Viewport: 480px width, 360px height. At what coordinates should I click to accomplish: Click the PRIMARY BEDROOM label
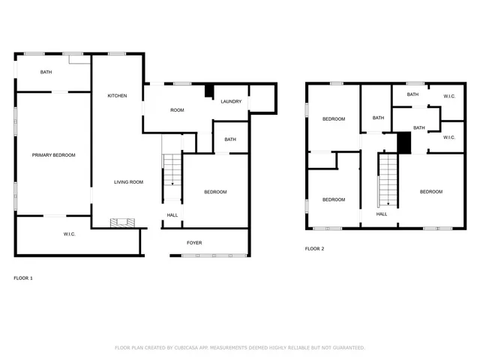pos(53,155)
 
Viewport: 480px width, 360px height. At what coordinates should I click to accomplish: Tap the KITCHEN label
pos(117,96)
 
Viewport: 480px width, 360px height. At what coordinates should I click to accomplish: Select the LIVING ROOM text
pos(128,182)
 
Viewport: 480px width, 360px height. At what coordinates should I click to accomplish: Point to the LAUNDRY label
pos(230,101)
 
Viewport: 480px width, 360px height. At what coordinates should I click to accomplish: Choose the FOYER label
pos(194,243)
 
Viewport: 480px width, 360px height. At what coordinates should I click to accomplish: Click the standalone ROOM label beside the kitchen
pos(177,110)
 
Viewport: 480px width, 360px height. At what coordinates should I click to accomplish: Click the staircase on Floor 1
pos(172,169)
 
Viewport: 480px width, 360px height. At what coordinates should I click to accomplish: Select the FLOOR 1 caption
pos(23,278)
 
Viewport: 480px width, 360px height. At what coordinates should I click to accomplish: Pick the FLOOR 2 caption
pos(314,248)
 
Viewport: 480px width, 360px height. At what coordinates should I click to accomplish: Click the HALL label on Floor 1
pos(172,215)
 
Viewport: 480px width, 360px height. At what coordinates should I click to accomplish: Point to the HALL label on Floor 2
pos(382,214)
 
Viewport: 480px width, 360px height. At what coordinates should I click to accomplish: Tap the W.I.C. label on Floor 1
pos(69,235)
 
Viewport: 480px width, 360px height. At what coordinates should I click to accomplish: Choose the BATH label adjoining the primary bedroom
pos(46,72)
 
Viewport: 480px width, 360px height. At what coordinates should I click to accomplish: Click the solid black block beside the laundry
pos(209,91)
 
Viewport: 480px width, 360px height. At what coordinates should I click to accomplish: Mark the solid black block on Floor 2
pos(404,142)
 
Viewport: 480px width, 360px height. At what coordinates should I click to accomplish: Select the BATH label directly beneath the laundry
pos(230,139)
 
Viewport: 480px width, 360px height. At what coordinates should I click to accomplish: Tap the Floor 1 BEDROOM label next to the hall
pos(215,193)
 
